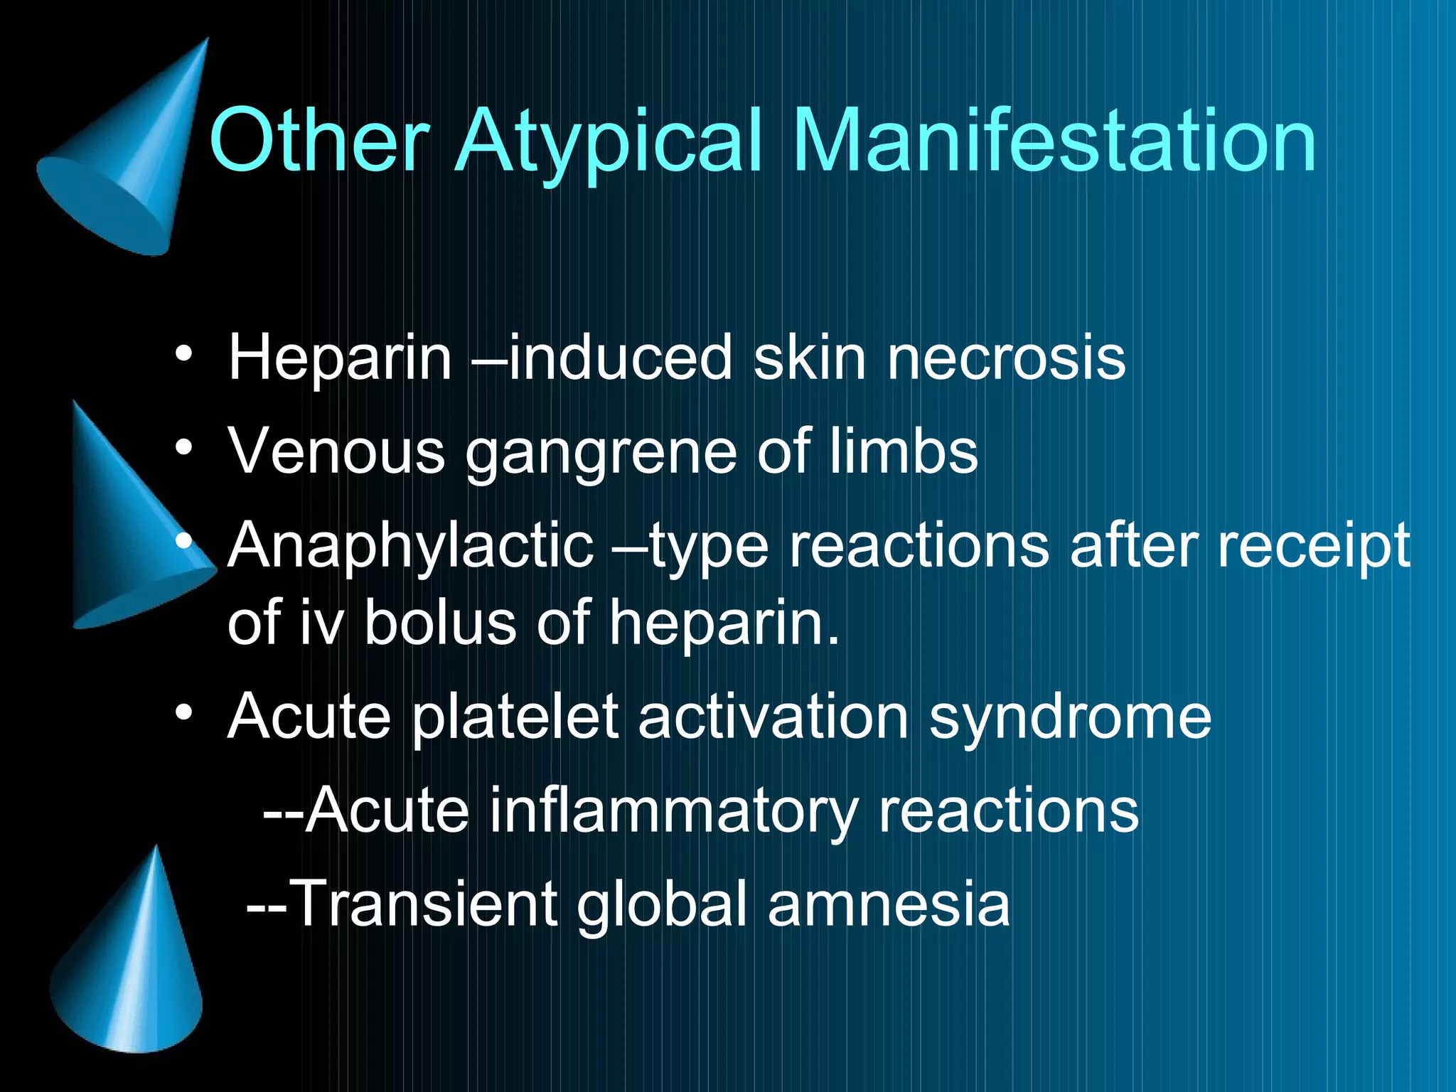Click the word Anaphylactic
[x=410, y=546]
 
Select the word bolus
[x=440, y=623]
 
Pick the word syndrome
[x=1070, y=718]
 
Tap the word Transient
[x=424, y=904]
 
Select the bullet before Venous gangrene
[x=184, y=448]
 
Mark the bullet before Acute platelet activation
[x=184, y=712]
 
